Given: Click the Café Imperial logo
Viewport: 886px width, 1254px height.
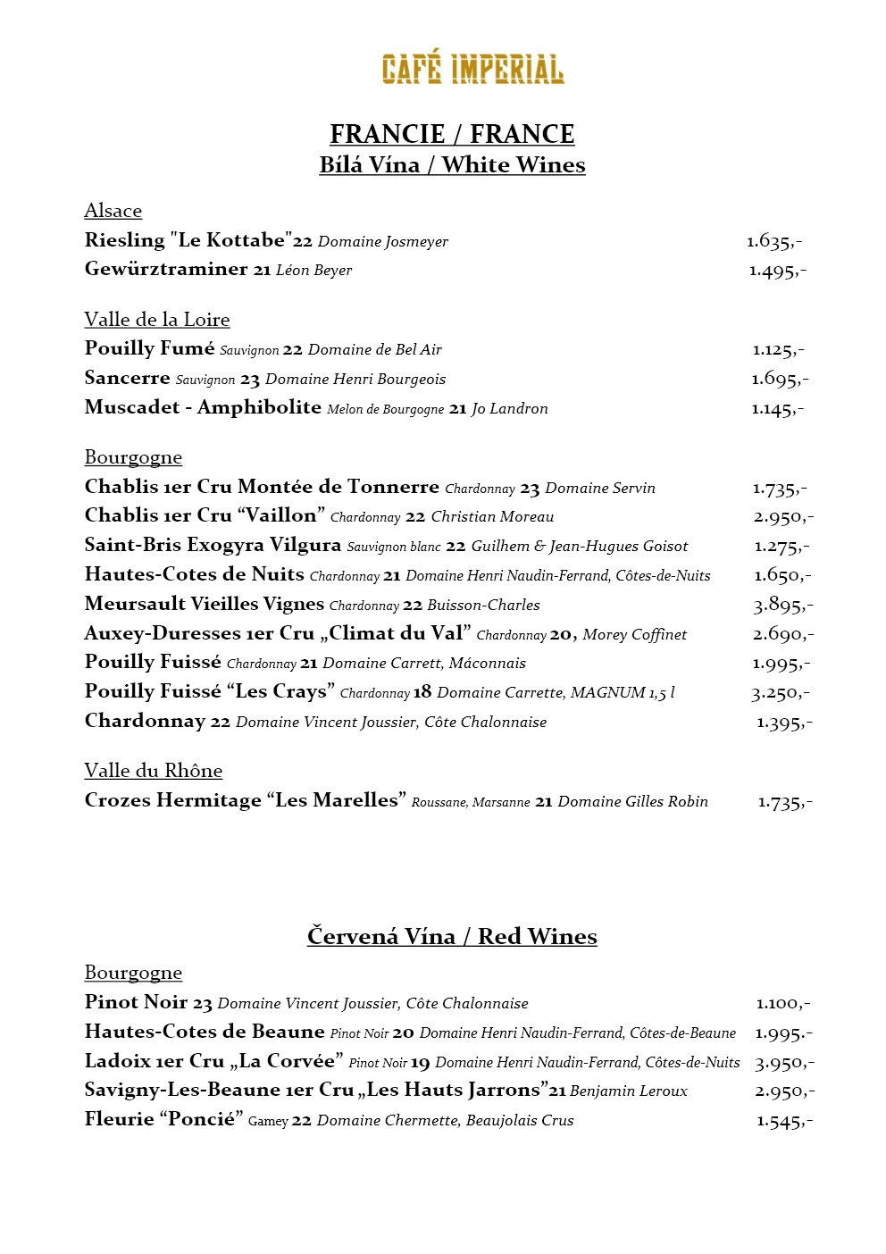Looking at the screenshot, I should coord(472,70).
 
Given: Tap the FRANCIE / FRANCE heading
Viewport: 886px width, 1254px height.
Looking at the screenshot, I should coord(452,134).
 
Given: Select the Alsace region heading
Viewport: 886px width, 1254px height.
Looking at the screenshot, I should coord(113,211).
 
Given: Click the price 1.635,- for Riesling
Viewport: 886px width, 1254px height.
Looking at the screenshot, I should coord(774,241).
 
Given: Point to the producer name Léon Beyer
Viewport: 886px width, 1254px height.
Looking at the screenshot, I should coord(313,270).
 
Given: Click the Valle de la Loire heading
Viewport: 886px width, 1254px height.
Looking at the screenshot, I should coord(157,320).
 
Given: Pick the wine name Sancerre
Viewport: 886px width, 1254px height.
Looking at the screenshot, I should coord(127,378).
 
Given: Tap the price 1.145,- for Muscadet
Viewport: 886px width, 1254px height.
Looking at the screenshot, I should coord(777,409).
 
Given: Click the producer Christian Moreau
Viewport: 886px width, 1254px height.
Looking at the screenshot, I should coord(492,516).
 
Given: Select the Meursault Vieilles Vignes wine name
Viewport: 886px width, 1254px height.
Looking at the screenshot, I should coord(205,604).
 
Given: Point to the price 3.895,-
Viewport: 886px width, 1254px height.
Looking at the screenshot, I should coord(782,606).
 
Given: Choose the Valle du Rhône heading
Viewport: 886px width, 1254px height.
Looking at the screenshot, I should coord(154,771).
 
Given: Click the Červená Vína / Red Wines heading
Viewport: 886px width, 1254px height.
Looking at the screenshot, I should coord(452,936).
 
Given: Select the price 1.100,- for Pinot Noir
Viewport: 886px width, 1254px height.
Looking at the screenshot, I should coord(782,1004).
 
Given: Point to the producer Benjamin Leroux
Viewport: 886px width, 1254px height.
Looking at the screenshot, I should coord(629,1091).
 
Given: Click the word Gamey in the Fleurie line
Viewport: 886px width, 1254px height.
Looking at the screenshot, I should coord(267,1121).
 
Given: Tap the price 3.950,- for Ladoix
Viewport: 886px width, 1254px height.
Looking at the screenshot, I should coord(784,1063).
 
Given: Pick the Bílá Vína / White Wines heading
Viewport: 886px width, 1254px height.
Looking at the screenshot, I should coord(452,165).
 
